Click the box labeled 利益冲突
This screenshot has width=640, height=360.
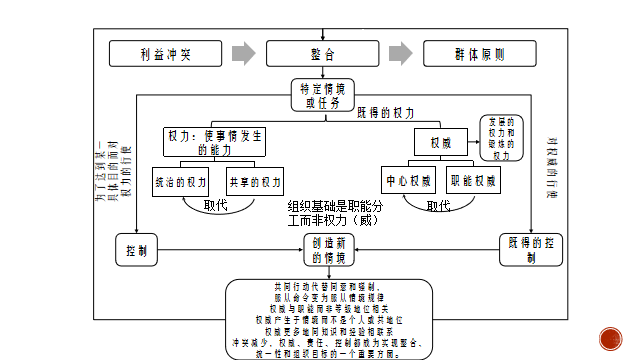click(164, 53)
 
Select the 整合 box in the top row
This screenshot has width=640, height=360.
click(317, 53)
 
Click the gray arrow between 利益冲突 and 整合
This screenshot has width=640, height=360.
click(241, 53)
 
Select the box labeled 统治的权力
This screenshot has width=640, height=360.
click(181, 183)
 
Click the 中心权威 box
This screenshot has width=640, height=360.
click(408, 183)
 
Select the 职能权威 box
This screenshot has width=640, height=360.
click(473, 183)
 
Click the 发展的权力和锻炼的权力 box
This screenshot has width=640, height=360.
click(502, 138)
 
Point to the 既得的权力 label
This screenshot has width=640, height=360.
click(385, 112)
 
